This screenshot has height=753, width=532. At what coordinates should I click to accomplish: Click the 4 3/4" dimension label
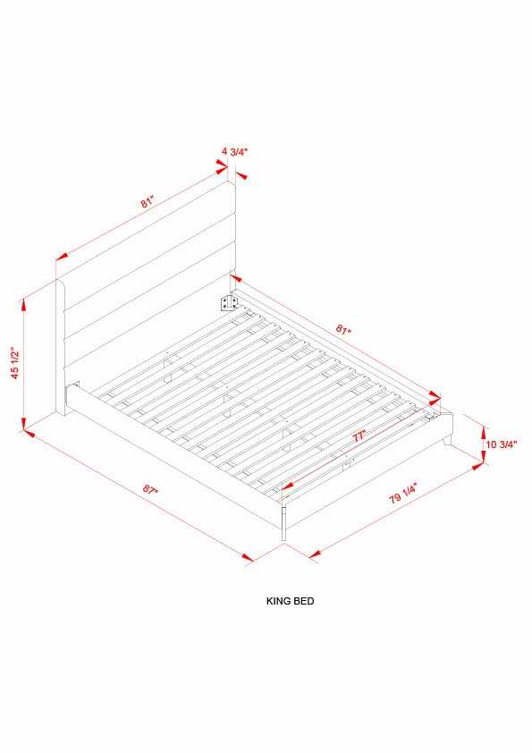(x=235, y=152)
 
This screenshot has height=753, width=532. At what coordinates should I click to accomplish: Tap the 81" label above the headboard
(x=148, y=202)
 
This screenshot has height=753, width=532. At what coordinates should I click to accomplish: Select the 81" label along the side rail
(x=343, y=330)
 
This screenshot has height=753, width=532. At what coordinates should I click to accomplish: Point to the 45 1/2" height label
(x=16, y=363)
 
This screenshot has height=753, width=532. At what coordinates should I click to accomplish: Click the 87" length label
(x=150, y=490)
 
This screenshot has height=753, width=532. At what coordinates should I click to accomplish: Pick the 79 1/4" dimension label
(x=403, y=493)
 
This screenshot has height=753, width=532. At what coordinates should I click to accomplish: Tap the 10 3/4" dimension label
(x=501, y=444)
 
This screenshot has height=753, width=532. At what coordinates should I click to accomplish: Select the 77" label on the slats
(x=359, y=436)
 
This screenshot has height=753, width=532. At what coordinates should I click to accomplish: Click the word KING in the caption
(x=277, y=601)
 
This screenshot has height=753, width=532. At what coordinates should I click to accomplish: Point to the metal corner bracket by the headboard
(x=229, y=303)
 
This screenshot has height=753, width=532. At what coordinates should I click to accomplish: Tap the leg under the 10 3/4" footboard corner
(x=447, y=440)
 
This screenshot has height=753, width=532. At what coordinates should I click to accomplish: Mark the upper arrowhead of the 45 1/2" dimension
(x=23, y=305)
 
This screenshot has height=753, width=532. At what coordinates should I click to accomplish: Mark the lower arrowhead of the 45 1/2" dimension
(x=24, y=423)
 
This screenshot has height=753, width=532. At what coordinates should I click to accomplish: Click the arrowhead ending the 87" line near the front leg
(x=248, y=557)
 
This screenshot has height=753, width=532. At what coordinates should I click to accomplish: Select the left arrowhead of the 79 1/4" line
(x=314, y=554)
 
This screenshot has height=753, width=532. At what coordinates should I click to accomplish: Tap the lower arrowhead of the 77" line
(x=287, y=486)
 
